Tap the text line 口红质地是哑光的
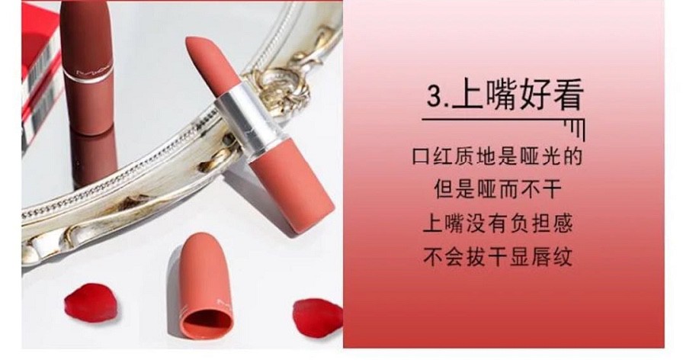[x=498, y=156]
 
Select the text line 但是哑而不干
[x=498, y=190]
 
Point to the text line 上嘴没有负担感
[x=498, y=223]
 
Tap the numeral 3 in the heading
[x=434, y=95]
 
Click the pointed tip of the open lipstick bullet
[x=188, y=40]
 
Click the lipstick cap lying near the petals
[x=204, y=287]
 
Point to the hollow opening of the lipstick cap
[x=207, y=323]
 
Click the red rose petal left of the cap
[x=91, y=303]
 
